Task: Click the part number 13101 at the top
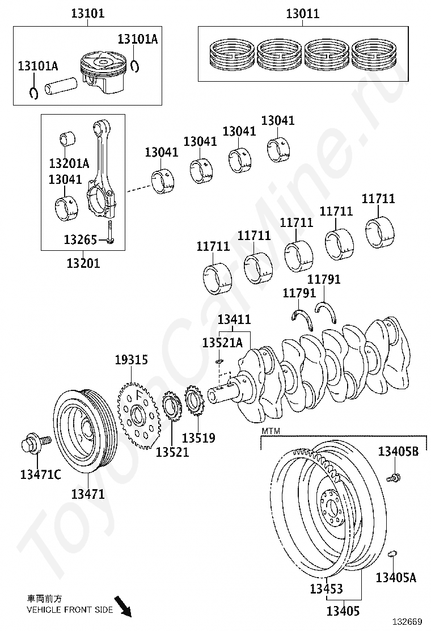point(87,13)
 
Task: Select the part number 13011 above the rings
point(302,13)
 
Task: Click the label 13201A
point(69,163)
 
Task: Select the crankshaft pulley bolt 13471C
point(33,443)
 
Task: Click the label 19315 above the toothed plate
point(131,360)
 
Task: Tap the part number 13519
point(198,438)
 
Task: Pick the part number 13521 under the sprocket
point(172,452)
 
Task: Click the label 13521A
point(222,342)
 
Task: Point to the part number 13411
point(234,320)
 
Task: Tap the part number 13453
point(326,589)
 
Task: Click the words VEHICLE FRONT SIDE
point(70,610)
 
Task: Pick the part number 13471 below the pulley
point(88,494)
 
